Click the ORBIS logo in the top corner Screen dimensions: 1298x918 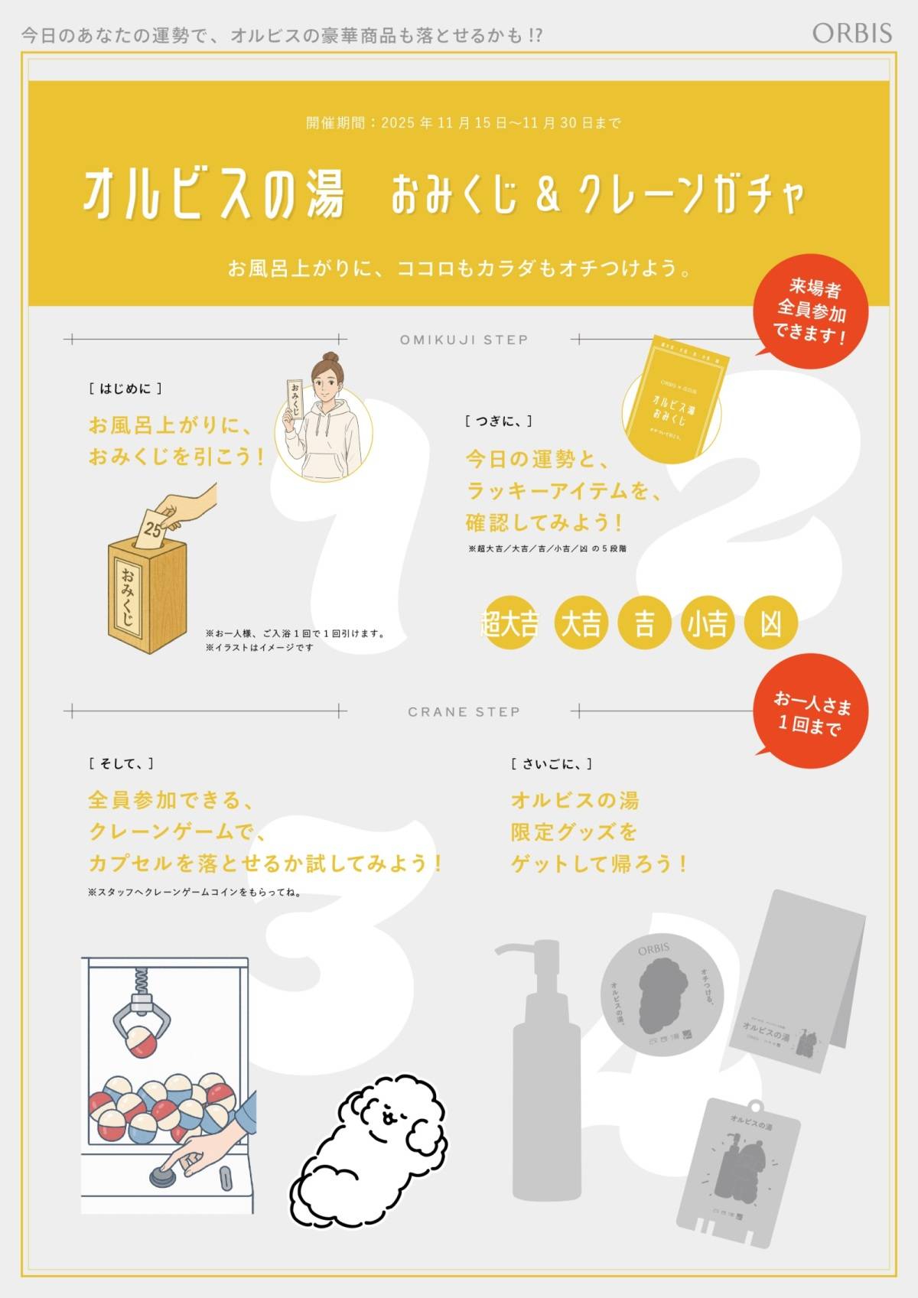coord(851,33)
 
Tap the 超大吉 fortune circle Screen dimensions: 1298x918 coord(509,623)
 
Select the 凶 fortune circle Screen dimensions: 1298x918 coord(771,623)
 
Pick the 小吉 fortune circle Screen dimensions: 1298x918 coord(707,623)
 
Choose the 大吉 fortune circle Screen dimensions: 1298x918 coord(581,623)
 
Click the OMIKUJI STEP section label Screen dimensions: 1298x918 coord(464,340)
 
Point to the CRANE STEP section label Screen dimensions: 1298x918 coord(464,712)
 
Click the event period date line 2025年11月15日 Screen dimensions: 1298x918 coord(463,123)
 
